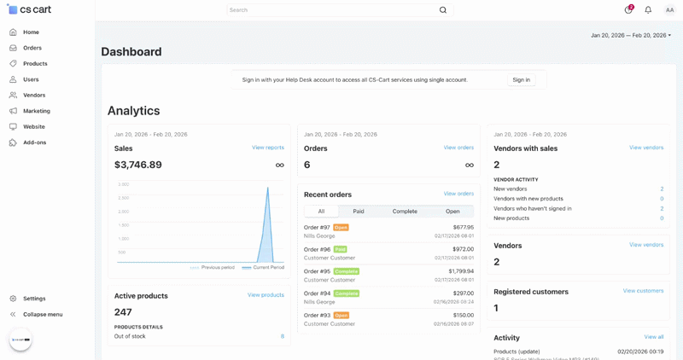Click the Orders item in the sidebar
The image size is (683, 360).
32,48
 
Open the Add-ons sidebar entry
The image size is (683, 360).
34,142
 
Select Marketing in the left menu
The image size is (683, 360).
36,111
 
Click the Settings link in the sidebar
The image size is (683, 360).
34,299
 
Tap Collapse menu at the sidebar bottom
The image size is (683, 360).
42,314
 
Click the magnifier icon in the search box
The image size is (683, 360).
443,10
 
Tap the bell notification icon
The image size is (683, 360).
648,10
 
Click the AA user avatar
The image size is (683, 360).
669,10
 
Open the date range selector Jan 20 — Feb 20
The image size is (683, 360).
630,36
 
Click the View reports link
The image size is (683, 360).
268,148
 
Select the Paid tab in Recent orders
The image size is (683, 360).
359,212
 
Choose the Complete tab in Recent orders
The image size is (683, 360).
405,212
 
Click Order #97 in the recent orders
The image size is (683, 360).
317,228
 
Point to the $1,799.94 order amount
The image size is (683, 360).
461,271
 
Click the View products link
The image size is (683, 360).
266,295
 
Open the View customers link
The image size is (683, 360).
643,291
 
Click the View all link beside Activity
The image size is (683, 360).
654,337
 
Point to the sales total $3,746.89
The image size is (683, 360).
138,165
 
